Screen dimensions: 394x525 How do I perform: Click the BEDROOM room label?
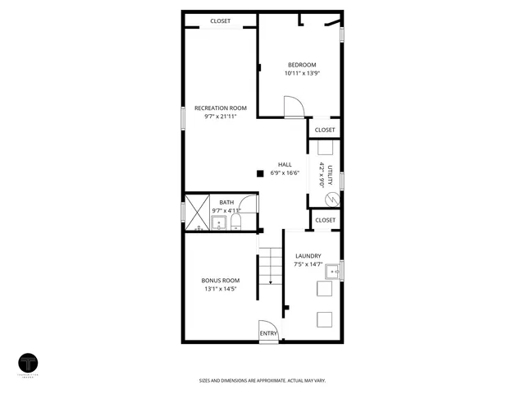coord(301,65)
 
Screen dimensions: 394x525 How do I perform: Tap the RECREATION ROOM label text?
coord(220,108)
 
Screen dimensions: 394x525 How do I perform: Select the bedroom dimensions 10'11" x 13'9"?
coord(301,74)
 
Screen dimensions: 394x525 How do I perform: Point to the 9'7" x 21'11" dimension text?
coord(220,117)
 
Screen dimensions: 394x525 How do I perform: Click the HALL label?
coord(285,163)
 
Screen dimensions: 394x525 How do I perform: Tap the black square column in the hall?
coord(260,173)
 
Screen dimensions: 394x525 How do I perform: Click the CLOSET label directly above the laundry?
coord(325,220)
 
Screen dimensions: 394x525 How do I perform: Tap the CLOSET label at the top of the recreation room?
coord(220,21)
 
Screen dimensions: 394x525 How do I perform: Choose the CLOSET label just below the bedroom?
coord(325,130)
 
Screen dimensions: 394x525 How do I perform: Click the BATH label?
coord(226,202)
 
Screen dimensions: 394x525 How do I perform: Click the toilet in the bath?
coord(235,222)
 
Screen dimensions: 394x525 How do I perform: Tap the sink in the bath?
coord(218,222)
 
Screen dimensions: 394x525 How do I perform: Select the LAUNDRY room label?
coord(308,256)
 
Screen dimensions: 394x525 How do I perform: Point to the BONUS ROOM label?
coord(220,280)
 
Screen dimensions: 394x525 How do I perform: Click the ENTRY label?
coord(268,332)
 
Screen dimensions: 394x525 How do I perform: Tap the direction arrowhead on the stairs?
coord(270,282)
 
